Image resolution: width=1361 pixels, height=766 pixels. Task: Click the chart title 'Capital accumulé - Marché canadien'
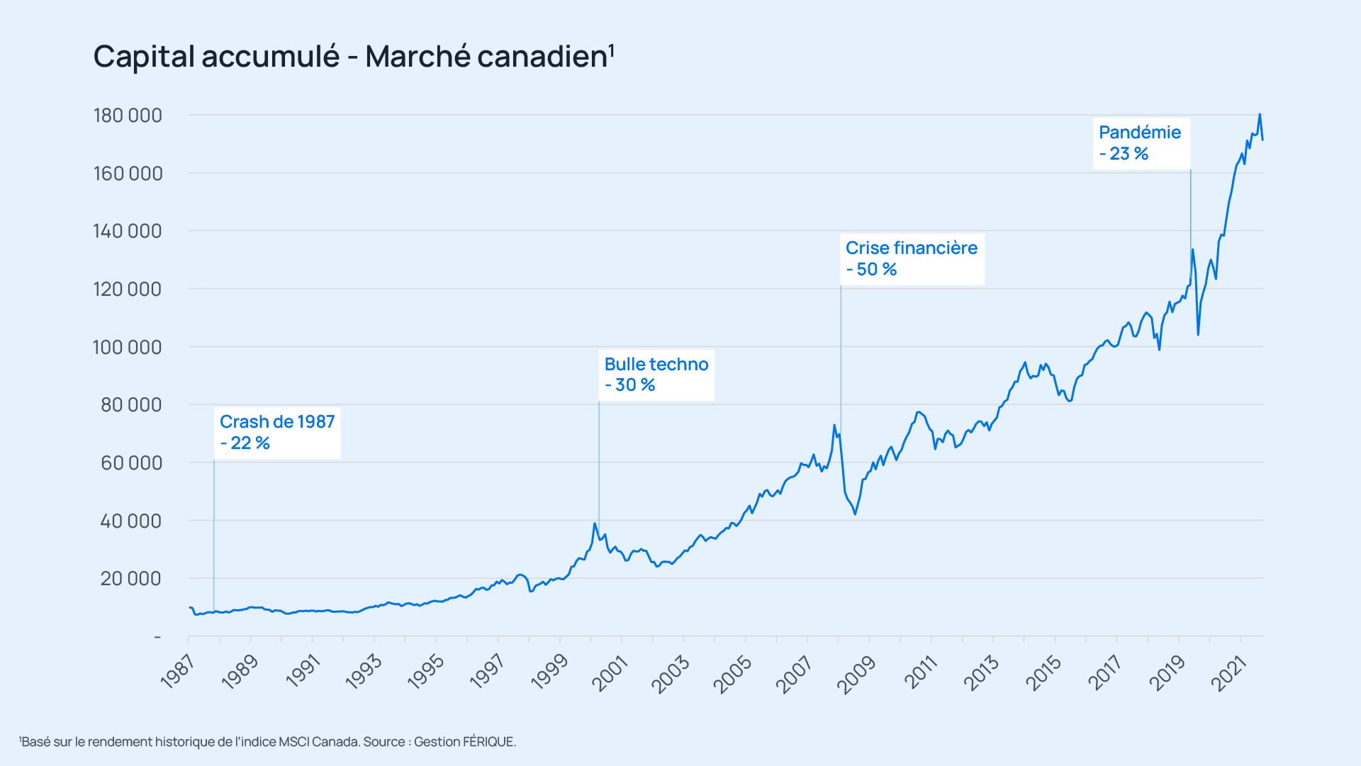click(352, 57)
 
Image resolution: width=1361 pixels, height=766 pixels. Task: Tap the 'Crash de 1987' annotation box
click(277, 433)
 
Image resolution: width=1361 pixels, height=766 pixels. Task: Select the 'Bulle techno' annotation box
click(656, 374)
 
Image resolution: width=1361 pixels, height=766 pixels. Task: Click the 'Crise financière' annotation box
click(912, 259)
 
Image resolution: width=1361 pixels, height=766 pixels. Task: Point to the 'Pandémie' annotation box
click(1140, 143)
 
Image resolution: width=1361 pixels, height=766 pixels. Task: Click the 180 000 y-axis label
click(128, 116)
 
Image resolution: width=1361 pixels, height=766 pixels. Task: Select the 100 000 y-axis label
click(128, 348)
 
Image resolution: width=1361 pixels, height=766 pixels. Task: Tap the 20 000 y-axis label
click(131, 579)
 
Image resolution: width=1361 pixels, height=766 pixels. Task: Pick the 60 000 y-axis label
click(131, 463)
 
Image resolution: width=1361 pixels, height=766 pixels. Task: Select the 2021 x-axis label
click(1228, 674)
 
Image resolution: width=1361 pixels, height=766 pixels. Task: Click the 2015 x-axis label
click(1043, 674)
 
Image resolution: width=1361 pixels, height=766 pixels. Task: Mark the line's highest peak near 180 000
click(1260, 114)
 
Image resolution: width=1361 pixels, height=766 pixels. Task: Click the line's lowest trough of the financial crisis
click(856, 514)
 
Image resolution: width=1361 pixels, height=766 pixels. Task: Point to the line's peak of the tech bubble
click(595, 523)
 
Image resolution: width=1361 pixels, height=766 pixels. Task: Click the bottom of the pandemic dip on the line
click(1198, 334)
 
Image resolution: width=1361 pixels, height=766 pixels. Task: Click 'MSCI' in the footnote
click(293, 742)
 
